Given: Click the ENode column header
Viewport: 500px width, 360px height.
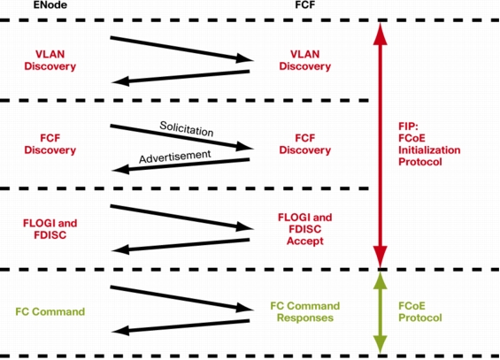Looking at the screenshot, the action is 50,4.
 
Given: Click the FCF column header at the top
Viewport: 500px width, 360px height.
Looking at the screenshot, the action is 304,4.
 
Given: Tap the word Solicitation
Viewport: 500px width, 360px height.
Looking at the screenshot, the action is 187,129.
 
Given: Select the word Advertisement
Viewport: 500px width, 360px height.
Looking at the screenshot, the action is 175,157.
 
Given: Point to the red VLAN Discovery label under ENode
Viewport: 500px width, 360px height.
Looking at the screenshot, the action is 50,60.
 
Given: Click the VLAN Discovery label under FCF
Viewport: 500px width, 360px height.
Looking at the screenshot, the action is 304,60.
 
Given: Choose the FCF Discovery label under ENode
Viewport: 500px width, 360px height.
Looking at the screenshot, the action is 50,144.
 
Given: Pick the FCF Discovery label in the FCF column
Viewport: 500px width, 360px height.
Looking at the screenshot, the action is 304,144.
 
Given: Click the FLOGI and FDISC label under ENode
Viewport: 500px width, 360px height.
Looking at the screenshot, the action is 50,229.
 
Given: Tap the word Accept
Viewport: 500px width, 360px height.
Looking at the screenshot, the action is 304,241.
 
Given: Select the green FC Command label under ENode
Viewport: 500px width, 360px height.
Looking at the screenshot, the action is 50,311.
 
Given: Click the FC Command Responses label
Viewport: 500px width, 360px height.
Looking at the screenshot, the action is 304,312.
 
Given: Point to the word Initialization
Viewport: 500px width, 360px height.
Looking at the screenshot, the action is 429,150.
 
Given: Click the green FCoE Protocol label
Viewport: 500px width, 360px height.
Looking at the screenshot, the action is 420,312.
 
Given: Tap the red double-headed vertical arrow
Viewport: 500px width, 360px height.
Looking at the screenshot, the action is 381,145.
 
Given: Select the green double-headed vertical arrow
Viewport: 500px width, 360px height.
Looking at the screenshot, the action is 381,312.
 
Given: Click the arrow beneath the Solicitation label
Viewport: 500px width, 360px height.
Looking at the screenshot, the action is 181,137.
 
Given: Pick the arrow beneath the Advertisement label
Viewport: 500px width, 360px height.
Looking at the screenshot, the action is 181,165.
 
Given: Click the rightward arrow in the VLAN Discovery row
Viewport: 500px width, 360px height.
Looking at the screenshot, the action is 181,49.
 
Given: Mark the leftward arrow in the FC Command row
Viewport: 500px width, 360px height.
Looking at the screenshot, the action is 181,326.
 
